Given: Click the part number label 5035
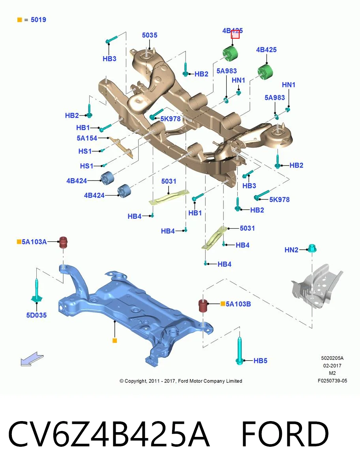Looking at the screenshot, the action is (x=150, y=35).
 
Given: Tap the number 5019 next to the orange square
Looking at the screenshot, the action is (x=38, y=20).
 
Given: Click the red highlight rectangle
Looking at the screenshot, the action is (x=235, y=34).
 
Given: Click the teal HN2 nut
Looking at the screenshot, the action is (x=312, y=248).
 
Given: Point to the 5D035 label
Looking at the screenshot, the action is (x=36, y=315).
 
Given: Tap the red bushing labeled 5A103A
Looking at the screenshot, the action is (x=63, y=243).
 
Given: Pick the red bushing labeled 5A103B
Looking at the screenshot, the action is (x=203, y=305).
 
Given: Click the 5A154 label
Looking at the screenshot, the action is (x=87, y=138).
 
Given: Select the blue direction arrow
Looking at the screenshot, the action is (x=32, y=359).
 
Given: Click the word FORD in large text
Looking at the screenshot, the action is (x=285, y=434).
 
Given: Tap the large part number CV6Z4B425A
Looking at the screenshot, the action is (x=109, y=434).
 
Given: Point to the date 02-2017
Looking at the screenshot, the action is (x=332, y=366).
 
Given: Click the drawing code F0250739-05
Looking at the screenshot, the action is (x=332, y=381).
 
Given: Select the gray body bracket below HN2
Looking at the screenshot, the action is (x=317, y=286).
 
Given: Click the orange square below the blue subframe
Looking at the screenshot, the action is (x=115, y=340).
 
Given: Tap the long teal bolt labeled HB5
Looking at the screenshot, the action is (x=240, y=351).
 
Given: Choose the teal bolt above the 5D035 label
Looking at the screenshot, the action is (x=37, y=290).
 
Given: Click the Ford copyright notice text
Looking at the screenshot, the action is (x=181, y=381).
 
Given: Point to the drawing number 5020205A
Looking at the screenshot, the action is (x=332, y=358).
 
